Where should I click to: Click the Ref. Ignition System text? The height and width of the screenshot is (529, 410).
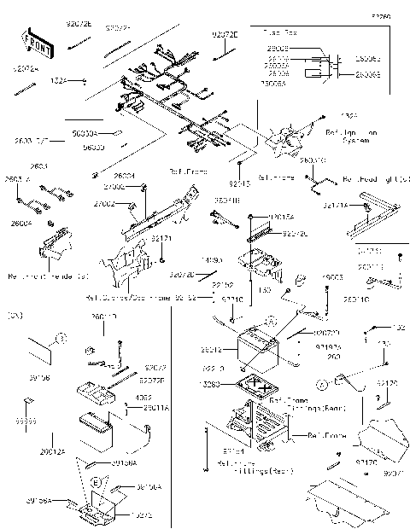[x=347, y=137]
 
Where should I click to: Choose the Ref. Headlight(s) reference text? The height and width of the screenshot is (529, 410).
[x=375, y=180]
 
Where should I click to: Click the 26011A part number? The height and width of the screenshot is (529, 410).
[x=144, y=409]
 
